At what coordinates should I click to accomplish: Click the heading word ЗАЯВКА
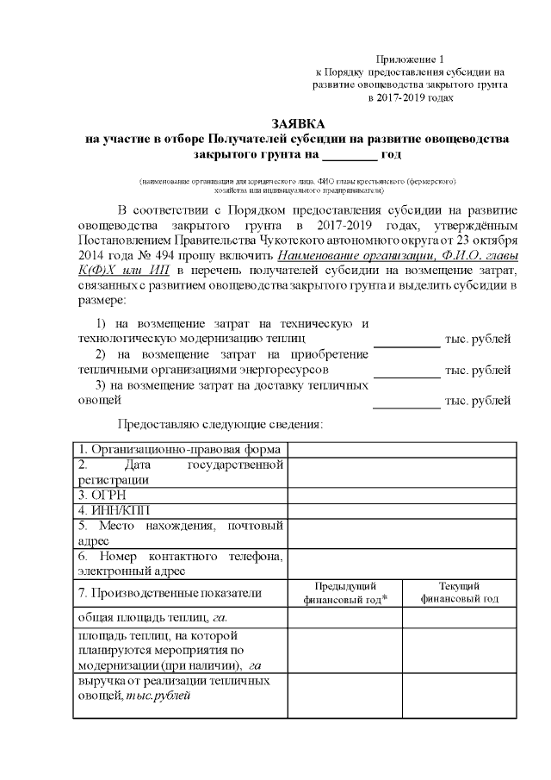click(297, 124)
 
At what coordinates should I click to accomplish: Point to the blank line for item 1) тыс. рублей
click(406, 339)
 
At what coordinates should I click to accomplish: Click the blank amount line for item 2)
click(406, 370)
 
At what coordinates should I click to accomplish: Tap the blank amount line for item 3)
click(406, 401)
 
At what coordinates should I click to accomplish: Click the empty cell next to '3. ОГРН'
click(401, 496)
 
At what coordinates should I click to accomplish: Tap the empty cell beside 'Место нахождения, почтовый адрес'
click(401, 533)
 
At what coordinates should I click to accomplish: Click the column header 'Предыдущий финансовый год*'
click(344, 593)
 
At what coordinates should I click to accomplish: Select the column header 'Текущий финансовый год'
click(459, 593)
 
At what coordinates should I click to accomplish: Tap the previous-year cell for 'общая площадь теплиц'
click(344, 617)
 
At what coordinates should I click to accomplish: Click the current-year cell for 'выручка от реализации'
click(459, 696)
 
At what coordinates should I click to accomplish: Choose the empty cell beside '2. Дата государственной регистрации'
click(401, 472)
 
